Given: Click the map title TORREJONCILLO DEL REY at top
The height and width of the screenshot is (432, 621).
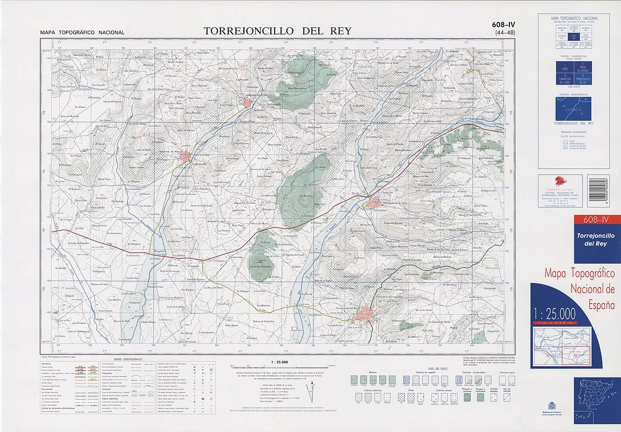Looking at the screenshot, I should tap(277, 31).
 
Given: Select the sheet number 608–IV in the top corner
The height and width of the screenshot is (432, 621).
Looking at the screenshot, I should tap(503, 25).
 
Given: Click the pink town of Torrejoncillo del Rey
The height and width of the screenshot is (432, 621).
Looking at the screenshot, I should tap(364, 316).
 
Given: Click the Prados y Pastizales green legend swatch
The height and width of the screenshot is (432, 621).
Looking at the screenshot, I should tap(481, 397).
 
